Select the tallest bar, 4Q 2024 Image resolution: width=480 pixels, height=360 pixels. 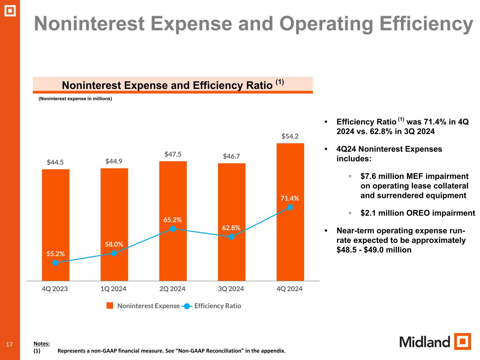pyautogui.click(x=290, y=169)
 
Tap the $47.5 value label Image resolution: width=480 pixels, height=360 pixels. pyautogui.click(x=173, y=154)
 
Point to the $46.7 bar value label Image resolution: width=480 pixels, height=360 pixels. pyautogui.click(x=231, y=156)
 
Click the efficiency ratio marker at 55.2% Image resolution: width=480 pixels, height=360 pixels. pyautogui.click(x=55, y=263)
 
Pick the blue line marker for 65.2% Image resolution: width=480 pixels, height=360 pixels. pyautogui.click(x=173, y=229)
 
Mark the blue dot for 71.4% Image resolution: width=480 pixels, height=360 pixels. pyautogui.click(x=290, y=207)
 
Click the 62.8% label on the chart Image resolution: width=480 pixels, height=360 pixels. pyautogui.click(x=231, y=228)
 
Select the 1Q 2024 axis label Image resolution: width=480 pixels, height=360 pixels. pyautogui.click(x=114, y=289)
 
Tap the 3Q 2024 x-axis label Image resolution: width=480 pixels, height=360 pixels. pyautogui.click(x=231, y=289)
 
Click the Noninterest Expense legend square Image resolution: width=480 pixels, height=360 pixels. pyautogui.click(x=110, y=306)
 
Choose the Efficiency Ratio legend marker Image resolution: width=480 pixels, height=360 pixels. pyautogui.click(x=187, y=306)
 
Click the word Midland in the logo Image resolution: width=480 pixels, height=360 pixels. pyautogui.click(x=424, y=342)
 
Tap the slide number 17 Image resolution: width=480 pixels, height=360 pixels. pyautogui.click(x=9, y=344)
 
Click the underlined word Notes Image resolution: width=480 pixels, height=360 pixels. pyautogui.click(x=41, y=343)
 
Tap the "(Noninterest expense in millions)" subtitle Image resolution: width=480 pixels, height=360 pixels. pyautogui.click(x=75, y=99)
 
